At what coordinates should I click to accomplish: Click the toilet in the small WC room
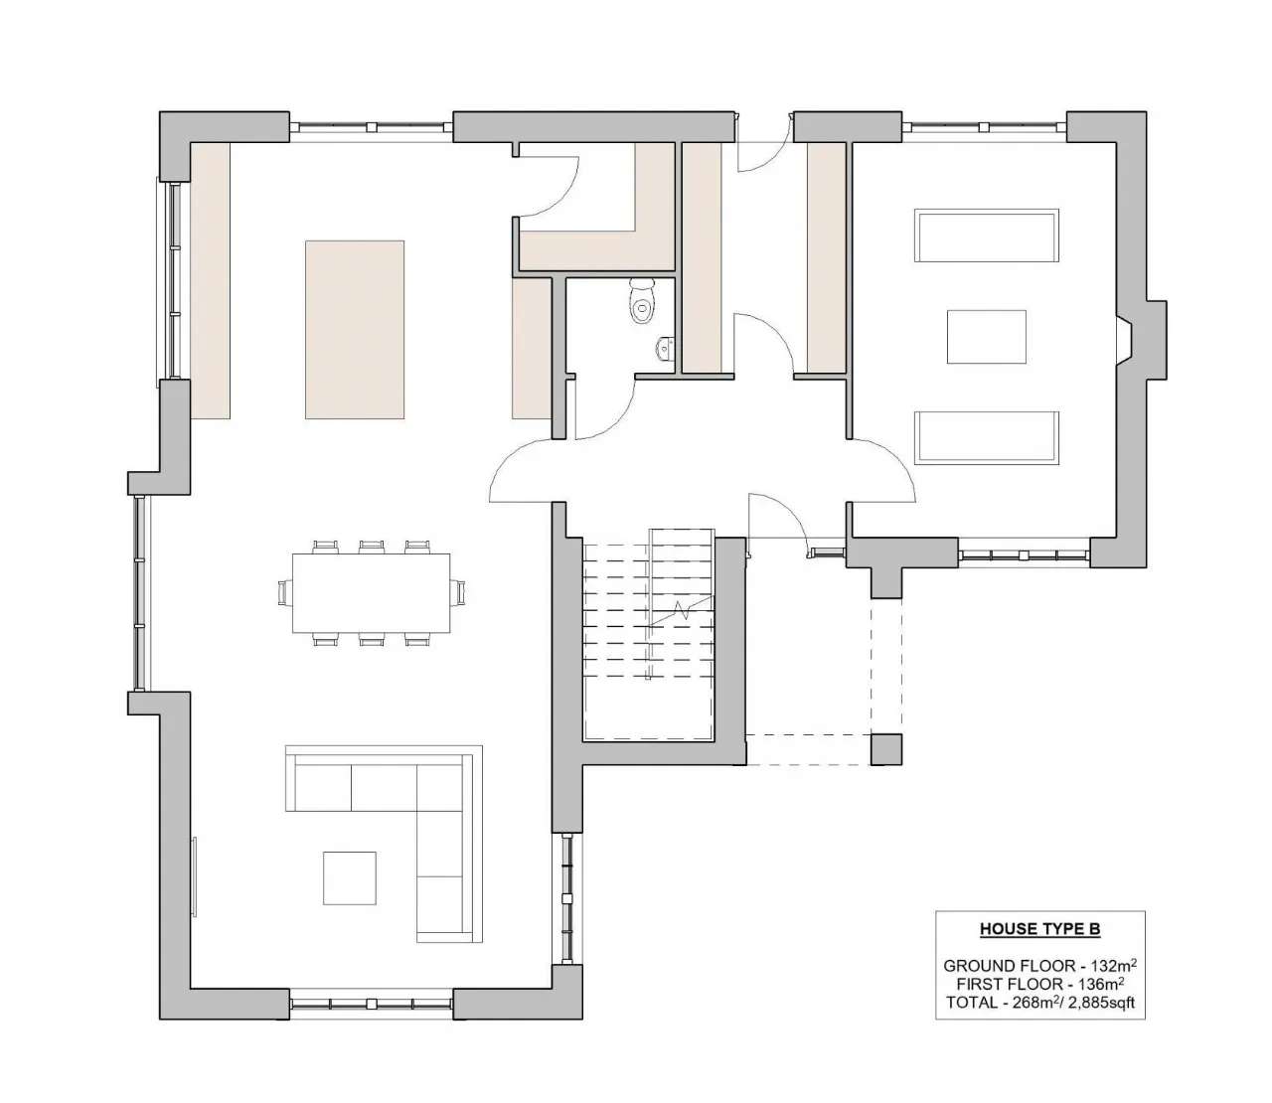tap(643, 301)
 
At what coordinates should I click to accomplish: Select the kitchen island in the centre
tap(355, 329)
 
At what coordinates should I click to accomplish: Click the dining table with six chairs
tap(371, 593)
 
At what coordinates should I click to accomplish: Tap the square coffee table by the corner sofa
tap(350, 877)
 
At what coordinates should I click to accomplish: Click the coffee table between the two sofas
tap(986, 337)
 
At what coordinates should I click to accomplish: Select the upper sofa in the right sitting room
tap(987, 236)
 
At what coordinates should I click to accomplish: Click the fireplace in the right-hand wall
tap(1123, 338)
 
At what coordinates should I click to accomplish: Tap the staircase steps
tap(647, 616)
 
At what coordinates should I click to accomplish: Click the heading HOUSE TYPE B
tap(1039, 930)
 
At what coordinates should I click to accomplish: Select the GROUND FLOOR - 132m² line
tap(1039, 965)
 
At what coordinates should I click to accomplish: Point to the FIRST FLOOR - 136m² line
tap(1039, 984)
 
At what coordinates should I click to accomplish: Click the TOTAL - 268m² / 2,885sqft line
tap(1039, 1003)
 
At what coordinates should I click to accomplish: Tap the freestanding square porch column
tap(886, 750)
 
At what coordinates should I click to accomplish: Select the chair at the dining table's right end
tap(458, 593)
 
